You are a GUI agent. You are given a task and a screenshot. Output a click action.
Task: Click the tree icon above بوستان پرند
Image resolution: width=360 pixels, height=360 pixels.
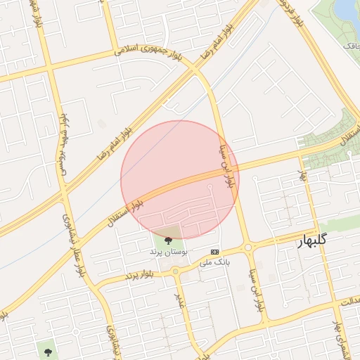tap(167, 240)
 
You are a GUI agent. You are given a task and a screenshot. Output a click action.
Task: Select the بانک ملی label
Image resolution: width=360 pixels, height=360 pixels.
tap(214, 262)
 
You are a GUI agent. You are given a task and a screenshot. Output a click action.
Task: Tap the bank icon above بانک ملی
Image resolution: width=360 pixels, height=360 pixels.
tap(214, 252)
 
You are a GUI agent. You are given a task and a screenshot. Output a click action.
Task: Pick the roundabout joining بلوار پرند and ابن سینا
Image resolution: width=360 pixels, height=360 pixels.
tap(249, 247)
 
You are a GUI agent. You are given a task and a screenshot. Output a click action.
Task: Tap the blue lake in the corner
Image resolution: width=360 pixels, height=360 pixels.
tap(347, 11)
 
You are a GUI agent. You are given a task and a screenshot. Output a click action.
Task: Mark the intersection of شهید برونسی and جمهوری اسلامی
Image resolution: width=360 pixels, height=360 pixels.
tap(49, 68)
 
